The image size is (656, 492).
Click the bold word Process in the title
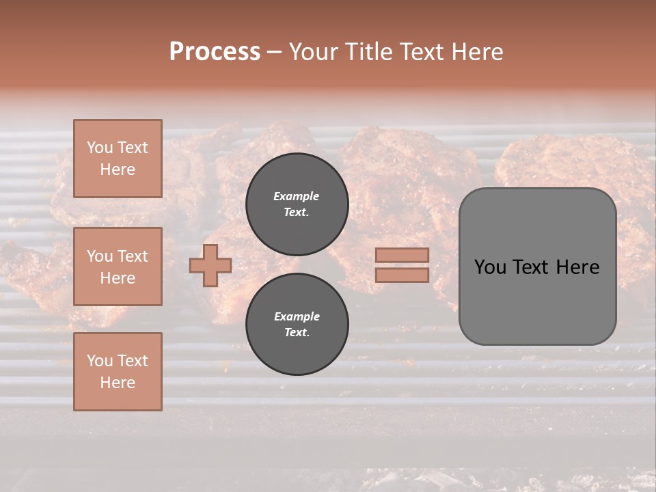[215, 52]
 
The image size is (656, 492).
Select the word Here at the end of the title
[476, 52]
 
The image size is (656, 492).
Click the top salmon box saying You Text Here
[118, 159]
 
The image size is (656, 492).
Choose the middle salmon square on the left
[118, 266]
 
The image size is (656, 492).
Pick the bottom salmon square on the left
[118, 371]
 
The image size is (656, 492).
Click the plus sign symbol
[210, 265]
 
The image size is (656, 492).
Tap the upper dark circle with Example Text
[297, 204]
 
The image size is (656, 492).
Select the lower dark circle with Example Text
[297, 324]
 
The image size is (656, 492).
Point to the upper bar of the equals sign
[402, 255]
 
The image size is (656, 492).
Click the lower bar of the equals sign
[402, 275]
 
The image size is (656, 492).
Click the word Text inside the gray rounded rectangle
[532, 267]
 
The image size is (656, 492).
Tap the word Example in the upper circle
[297, 196]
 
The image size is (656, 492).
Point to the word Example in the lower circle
[297, 316]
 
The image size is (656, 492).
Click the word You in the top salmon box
[100, 148]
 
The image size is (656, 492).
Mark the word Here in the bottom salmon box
[118, 383]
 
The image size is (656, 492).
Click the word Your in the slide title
[311, 52]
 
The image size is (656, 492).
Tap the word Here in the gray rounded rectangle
[577, 267]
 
